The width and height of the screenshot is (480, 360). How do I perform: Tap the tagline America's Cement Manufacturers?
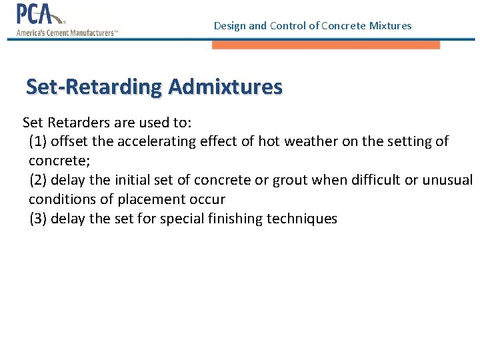tap(67, 31)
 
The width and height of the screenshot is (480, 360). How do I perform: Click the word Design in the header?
tap(229, 26)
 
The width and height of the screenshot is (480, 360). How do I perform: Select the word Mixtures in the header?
tap(390, 26)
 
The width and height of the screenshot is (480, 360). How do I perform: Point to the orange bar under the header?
tap(326, 45)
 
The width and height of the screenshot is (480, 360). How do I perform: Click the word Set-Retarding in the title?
tap(94, 87)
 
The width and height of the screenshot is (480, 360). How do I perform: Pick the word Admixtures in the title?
tap(225, 87)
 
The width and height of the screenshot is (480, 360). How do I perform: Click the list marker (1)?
tap(38, 141)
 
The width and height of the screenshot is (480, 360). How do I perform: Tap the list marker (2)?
tap(38, 180)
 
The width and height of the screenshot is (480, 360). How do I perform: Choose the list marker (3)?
tap(38, 219)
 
